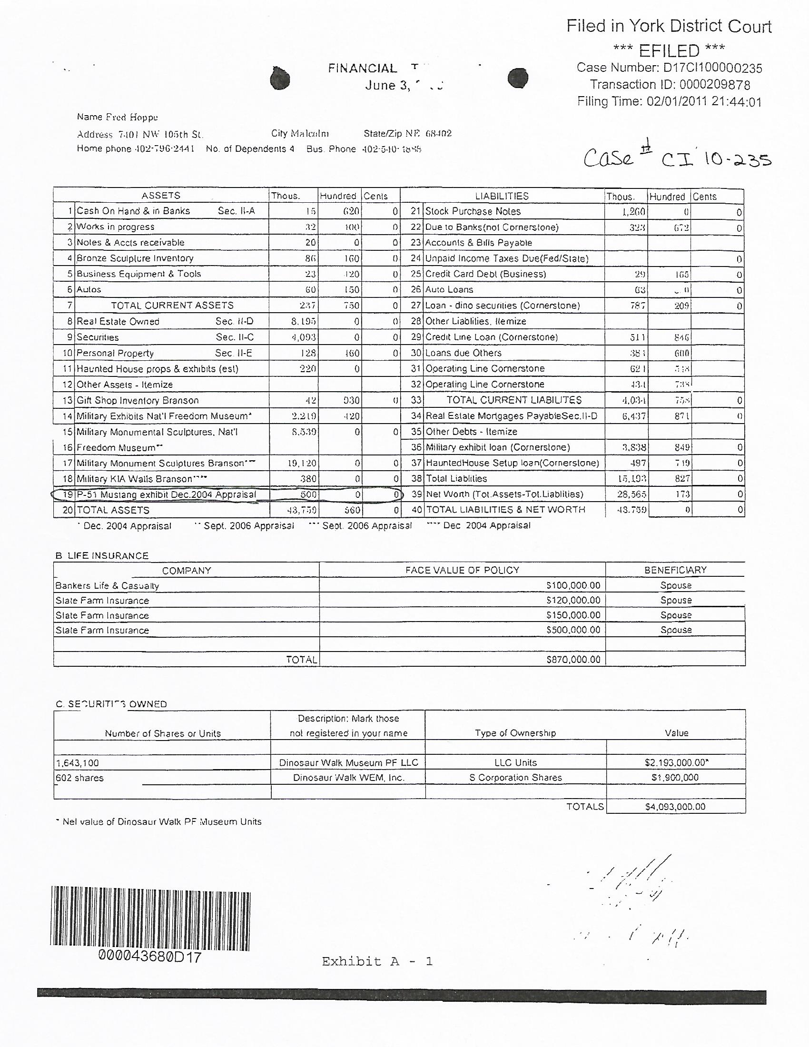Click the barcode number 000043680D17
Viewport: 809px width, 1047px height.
coord(149,958)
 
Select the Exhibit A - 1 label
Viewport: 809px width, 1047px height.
coord(377,961)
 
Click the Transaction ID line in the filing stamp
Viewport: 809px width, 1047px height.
coord(670,85)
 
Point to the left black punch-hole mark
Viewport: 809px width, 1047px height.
coord(280,78)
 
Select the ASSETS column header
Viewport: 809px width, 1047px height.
coord(160,196)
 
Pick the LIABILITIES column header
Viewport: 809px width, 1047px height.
coord(502,196)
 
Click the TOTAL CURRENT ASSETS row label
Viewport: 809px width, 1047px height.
coord(172,306)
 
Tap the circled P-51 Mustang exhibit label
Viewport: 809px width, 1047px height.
coord(166,495)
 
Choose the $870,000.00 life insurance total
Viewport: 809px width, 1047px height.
coord(573,660)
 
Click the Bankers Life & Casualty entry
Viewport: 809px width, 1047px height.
coord(107,585)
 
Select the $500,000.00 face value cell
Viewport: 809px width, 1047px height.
coord(573,630)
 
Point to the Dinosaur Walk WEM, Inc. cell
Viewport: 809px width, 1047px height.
coord(348,778)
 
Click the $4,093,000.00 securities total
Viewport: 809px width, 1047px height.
coord(675,807)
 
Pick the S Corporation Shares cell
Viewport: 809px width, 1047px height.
coord(515,778)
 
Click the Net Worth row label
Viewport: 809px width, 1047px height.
coord(504,494)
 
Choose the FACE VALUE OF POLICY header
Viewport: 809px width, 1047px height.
coord(462,570)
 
